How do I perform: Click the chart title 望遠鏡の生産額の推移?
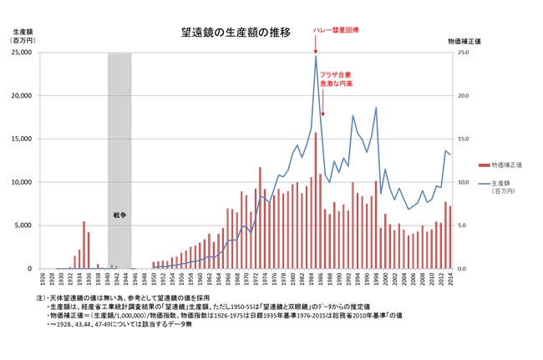[x=236, y=33]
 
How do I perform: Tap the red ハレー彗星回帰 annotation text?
[x=336, y=28]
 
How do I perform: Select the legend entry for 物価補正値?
[x=505, y=165]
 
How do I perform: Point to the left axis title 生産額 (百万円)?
[x=23, y=34]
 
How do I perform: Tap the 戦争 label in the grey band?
[x=119, y=215]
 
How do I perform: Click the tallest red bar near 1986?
[x=316, y=200]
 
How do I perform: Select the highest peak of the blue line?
[x=316, y=56]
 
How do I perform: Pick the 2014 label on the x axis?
[x=450, y=278]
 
